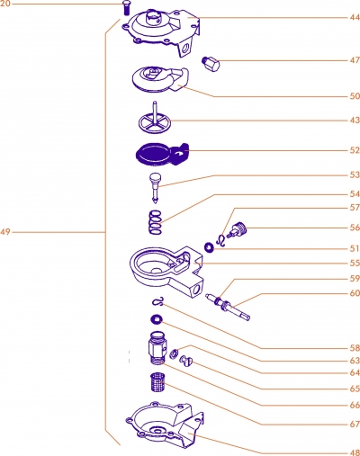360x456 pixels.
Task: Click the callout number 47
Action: (x=355, y=60)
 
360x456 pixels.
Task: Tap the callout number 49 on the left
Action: (x=5, y=232)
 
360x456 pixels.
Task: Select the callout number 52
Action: (x=355, y=150)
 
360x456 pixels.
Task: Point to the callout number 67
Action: (x=355, y=425)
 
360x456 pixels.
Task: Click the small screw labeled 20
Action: (x=126, y=7)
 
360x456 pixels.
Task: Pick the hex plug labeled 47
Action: (x=211, y=64)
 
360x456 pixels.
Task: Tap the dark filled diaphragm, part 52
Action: (x=162, y=154)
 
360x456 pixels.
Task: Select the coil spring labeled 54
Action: (x=155, y=222)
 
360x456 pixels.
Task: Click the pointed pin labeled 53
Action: (x=156, y=188)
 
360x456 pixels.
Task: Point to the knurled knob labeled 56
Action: (x=238, y=230)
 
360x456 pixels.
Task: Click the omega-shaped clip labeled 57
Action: (x=220, y=241)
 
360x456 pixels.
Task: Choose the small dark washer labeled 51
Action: (x=209, y=247)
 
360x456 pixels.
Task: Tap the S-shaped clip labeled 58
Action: (x=158, y=301)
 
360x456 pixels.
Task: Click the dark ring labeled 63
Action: (x=157, y=320)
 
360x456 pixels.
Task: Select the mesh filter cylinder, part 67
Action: (x=157, y=382)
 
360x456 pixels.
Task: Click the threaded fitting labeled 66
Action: (x=157, y=348)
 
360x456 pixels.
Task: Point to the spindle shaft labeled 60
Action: (x=228, y=308)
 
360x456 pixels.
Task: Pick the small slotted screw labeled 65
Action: (x=186, y=361)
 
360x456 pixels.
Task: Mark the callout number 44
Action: (x=355, y=17)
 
